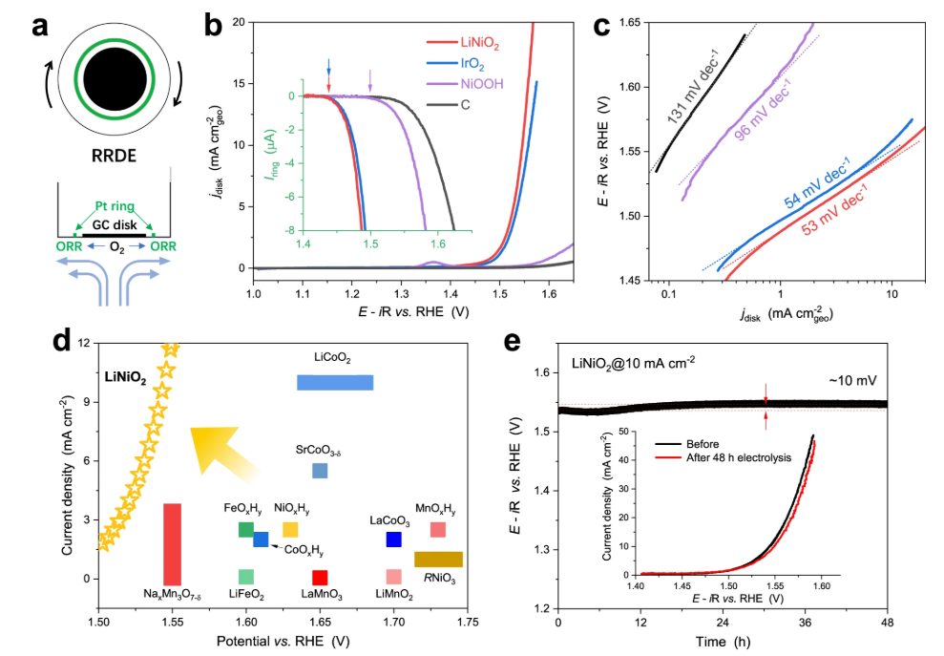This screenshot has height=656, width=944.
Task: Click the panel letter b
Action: [x=216, y=25]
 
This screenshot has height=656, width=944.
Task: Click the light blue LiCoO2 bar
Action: [x=334, y=382]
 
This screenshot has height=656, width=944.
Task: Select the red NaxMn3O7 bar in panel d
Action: [x=173, y=543]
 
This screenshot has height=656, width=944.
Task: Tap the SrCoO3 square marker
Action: [x=320, y=471]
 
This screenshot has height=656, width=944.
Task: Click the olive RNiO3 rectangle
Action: [x=438, y=559]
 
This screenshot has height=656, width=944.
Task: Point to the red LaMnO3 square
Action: [x=320, y=577]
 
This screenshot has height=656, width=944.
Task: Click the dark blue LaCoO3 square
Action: [x=393, y=540]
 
